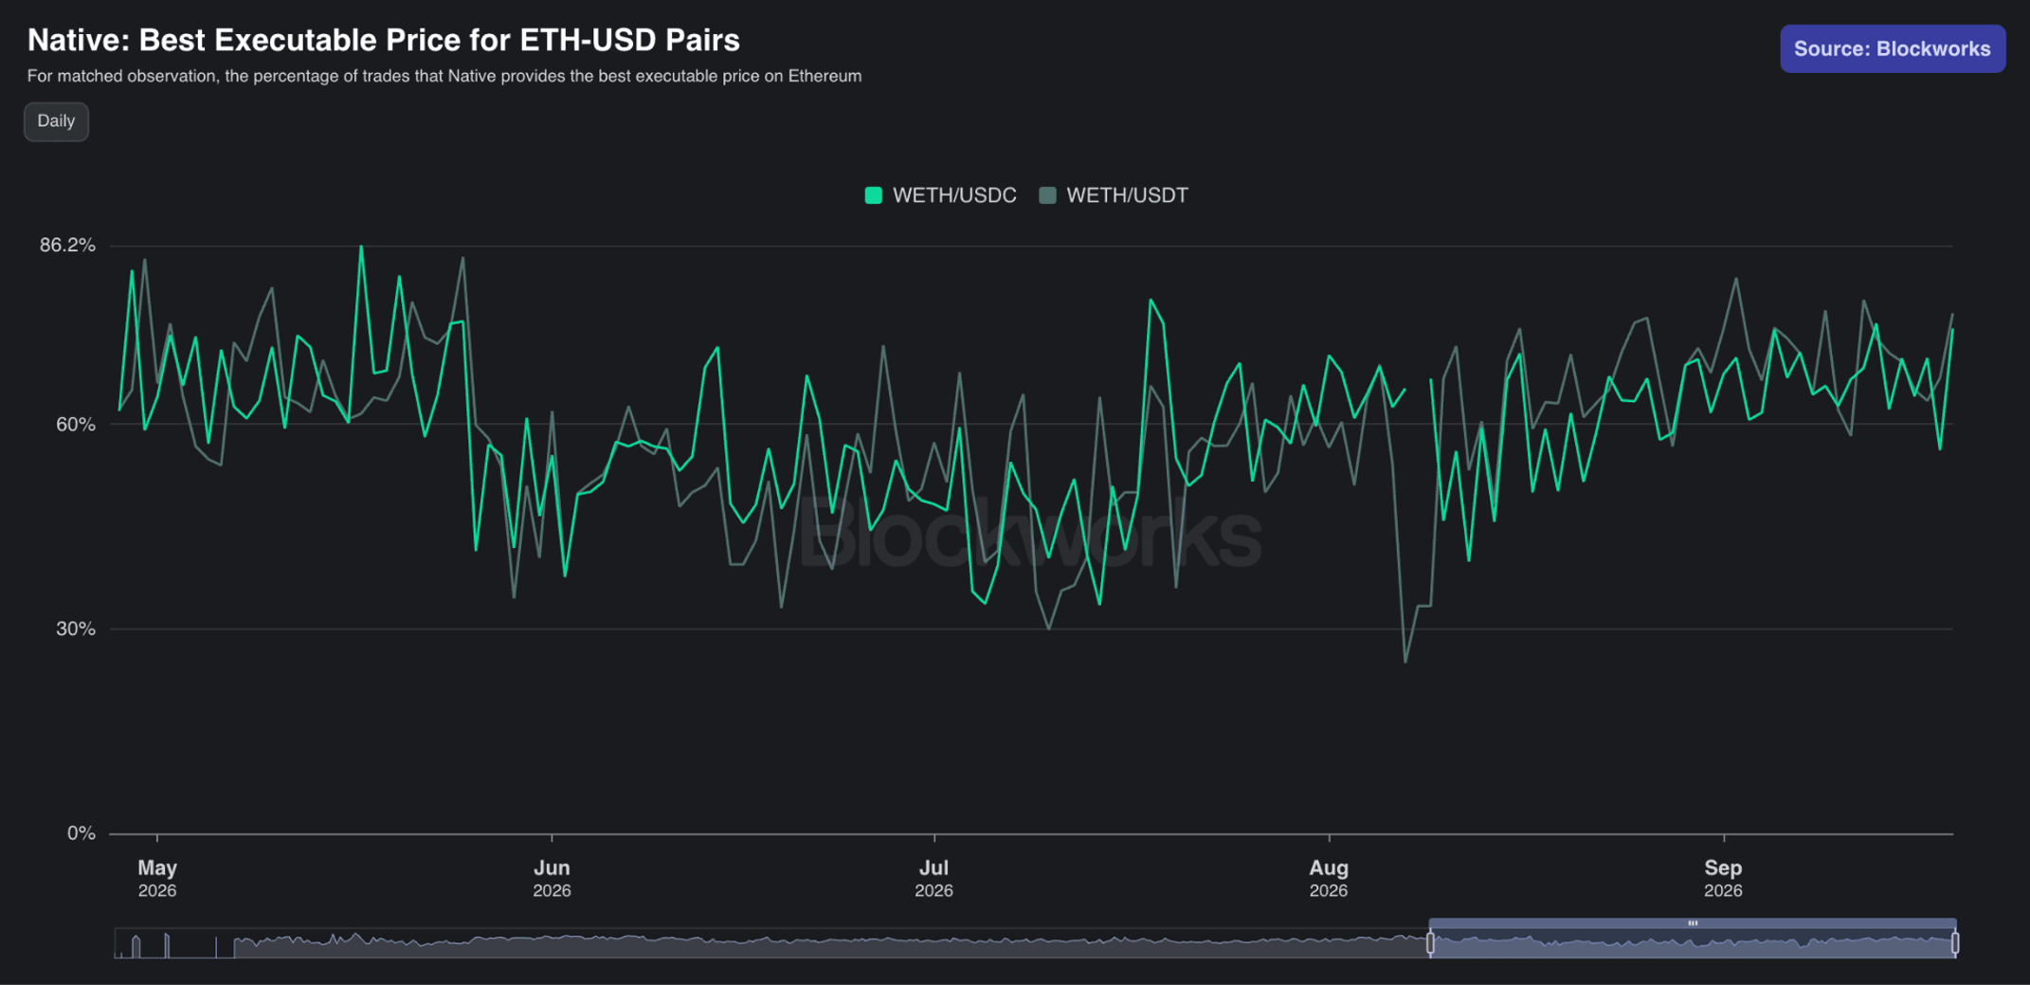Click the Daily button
(56, 121)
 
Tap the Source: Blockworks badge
(1892, 48)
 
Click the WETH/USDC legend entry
(940, 195)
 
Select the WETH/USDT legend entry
(1114, 195)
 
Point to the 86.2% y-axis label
(67, 246)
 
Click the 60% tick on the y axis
(76, 425)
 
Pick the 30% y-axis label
(76, 629)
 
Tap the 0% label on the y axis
(82, 833)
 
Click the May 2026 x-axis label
(157, 878)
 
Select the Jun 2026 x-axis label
(552, 878)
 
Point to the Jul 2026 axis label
(933, 878)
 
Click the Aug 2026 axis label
(1329, 878)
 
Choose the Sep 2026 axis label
(1723, 878)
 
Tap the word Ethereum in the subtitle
(825, 76)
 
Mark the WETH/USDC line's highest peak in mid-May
(361, 246)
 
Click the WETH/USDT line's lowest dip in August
(1405, 661)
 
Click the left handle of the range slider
(1431, 943)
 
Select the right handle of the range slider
(1955, 943)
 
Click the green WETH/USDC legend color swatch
(874, 195)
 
